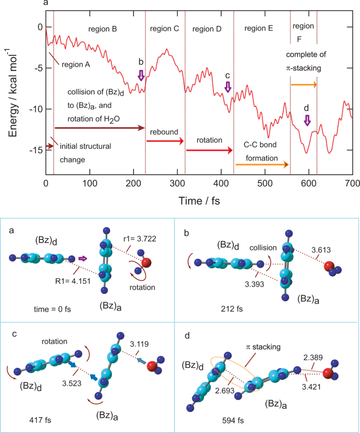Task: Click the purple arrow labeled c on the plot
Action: click(228, 87)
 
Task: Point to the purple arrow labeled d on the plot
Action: click(307, 121)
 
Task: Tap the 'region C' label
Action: click(164, 28)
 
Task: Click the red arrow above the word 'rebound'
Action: click(164, 142)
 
